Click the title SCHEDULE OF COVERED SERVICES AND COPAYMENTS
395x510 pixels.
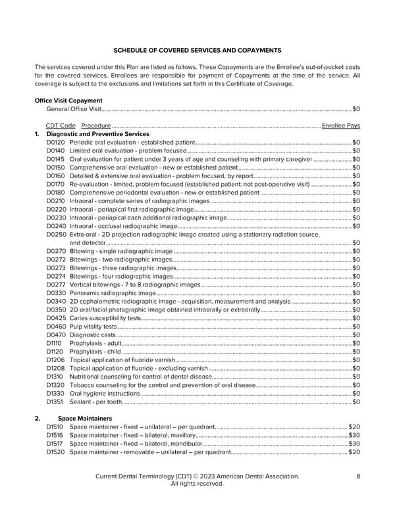tap(197, 50)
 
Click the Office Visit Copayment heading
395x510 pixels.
tap(68, 101)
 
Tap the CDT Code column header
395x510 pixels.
tap(61, 126)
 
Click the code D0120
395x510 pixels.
tap(56, 142)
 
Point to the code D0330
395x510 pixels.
tap(56, 293)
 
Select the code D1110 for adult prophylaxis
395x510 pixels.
tap(55, 343)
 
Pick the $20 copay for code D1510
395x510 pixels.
tap(354, 427)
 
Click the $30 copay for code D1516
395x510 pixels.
tap(354, 435)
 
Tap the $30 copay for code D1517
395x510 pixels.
tap(354, 444)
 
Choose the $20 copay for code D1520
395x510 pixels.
tap(354, 452)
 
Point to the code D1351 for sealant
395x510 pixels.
tap(55, 402)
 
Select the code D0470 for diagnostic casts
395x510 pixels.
tap(56, 335)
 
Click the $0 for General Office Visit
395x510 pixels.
tap(356, 109)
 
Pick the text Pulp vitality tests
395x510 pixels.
tap(93, 327)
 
